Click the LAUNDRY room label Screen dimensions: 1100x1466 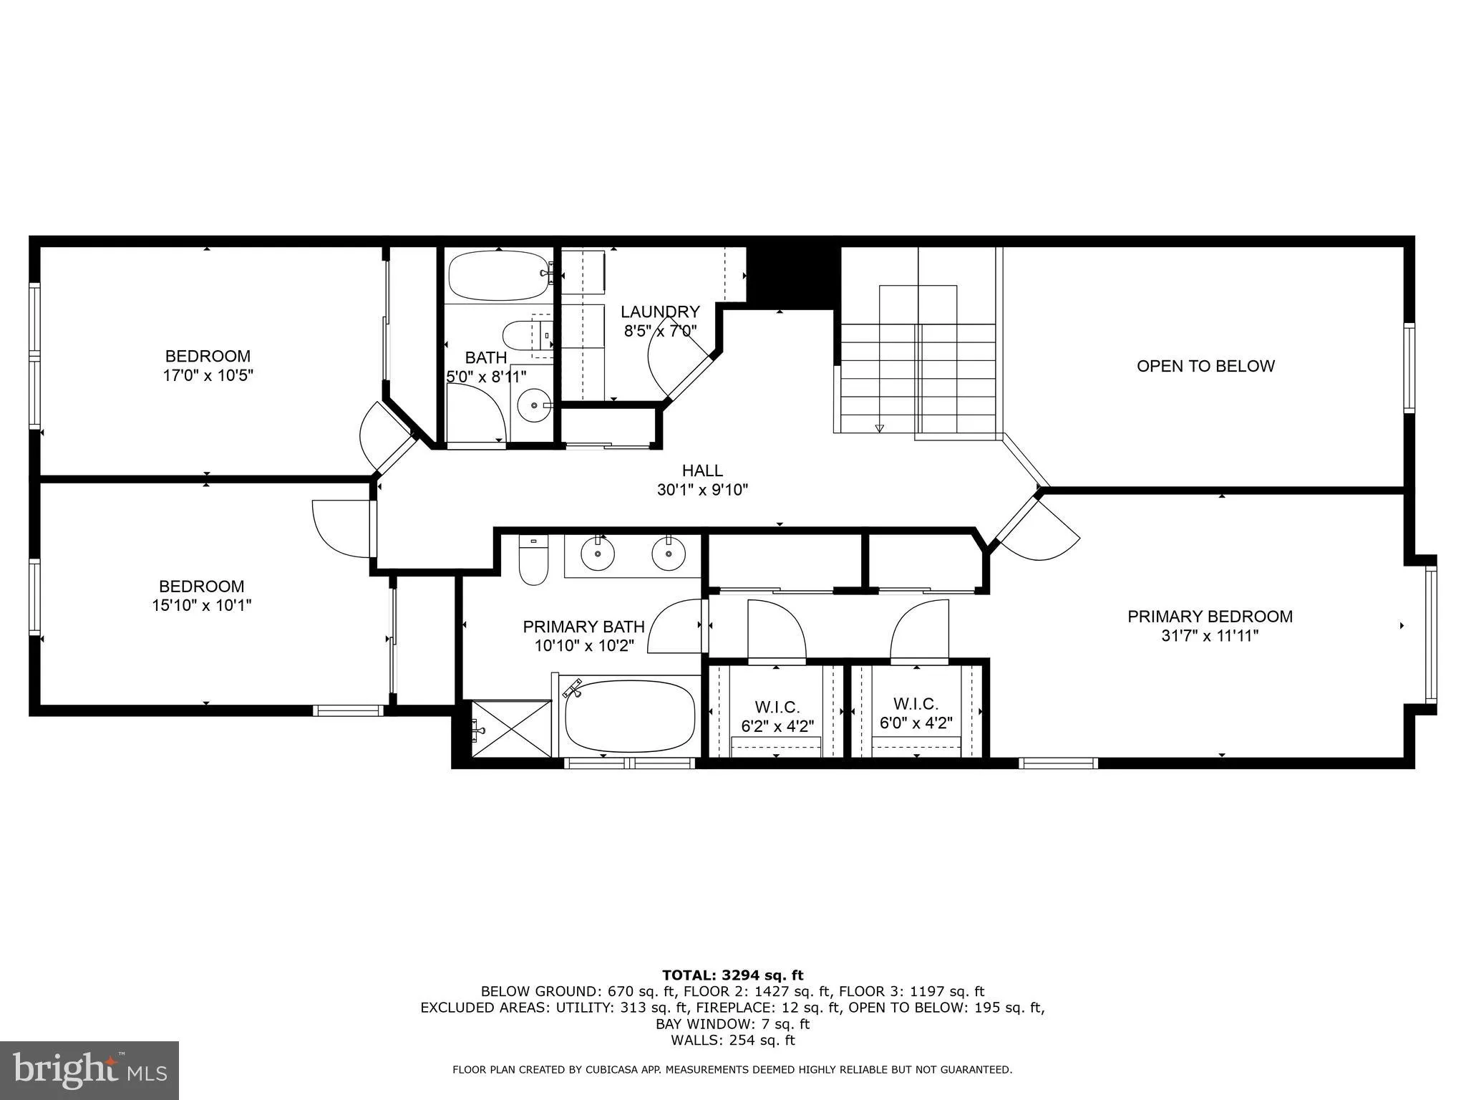point(659,312)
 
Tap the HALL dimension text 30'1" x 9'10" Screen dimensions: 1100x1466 point(702,490)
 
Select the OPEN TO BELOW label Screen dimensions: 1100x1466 point(1205,366)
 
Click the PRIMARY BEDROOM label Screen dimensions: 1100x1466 point(1210,617)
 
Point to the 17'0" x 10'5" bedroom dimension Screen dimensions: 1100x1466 point(208,375)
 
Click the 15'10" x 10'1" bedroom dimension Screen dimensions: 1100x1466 point(201,605)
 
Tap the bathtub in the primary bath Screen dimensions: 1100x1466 point(629,715)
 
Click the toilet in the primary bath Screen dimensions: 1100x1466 point(533,562)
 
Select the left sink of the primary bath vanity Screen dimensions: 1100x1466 point(597,554)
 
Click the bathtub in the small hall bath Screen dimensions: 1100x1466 point(497,276)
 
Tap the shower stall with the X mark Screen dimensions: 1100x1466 point(511,728)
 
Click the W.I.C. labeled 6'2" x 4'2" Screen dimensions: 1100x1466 point(777,716)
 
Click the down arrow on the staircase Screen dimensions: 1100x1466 point(879,428)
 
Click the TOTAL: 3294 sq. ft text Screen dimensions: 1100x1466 point(732,975)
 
